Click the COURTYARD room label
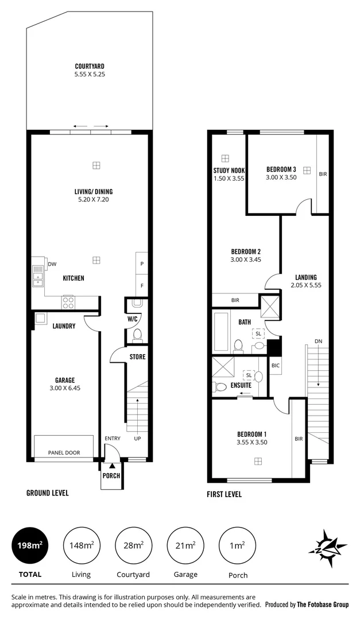(89, 66)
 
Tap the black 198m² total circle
(30, 545)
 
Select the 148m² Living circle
(80, 545)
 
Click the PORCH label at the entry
(111, 476)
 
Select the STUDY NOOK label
(229, 170)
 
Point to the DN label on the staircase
(318, 342)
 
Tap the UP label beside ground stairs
(137, 439)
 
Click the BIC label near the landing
(275, 365)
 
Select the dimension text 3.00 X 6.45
(64, 388)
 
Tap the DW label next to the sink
(52, 264)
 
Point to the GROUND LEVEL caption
(48, 493)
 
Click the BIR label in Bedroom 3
(323, 173)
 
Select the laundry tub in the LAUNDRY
(41, 319)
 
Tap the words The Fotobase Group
(323, 604)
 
